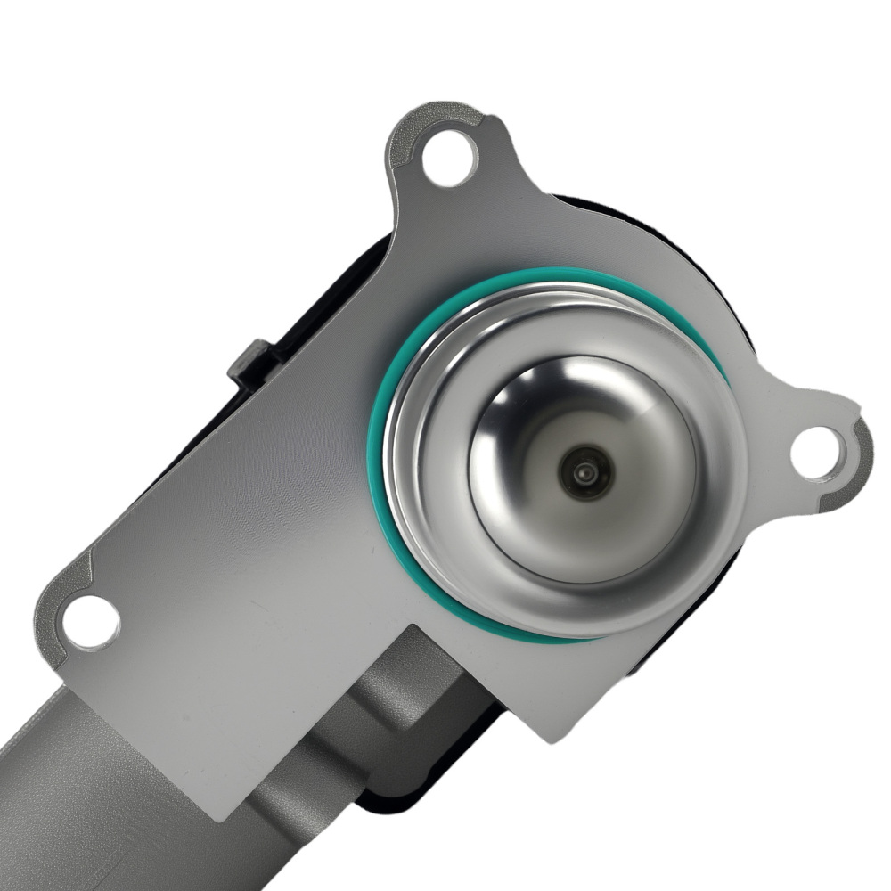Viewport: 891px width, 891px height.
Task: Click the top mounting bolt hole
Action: coord(449,159)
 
